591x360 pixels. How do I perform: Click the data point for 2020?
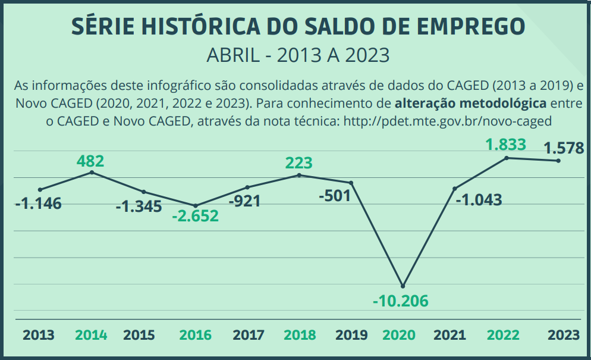(x=403, y=286)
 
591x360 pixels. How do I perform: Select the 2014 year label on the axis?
(x=91, y=335)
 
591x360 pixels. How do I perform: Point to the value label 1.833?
(x=506, y=144)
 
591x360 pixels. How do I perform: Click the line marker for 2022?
(x=507, y=158)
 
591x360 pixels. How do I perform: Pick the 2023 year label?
(x=564, y=335)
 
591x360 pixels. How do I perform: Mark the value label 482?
(x=90, y=161)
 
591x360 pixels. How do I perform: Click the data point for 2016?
(x=196, y=205)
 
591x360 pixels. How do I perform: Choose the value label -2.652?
(x=195, y=216)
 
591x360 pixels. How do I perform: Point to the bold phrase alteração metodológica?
(x=470, y=102)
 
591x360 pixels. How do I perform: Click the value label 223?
(x=298, y=162)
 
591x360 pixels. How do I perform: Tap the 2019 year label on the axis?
(x=351, y=335)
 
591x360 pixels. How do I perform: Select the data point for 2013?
(x=40, y=189)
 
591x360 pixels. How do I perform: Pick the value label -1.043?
(x=479, y=200)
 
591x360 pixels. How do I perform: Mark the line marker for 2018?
(x=299, y=175)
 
